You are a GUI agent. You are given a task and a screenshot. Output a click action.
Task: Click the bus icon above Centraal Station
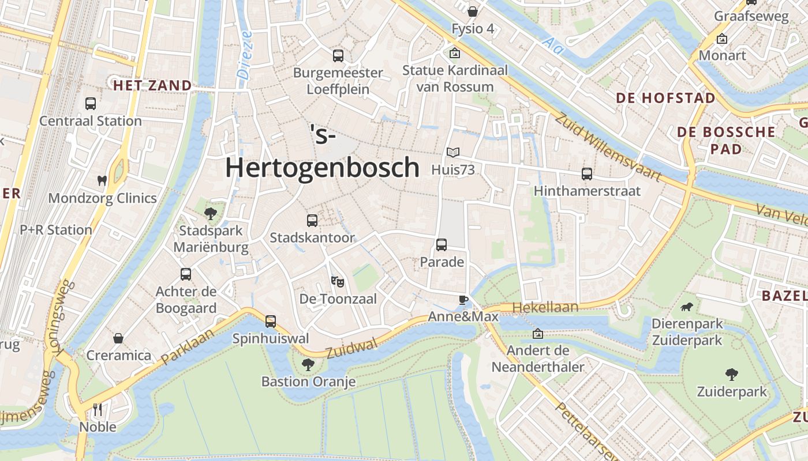click(x=91, y=104)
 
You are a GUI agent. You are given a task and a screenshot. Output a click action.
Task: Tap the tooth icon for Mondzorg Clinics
click(x=102, y=180)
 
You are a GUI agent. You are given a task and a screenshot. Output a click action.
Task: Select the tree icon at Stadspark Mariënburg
click(x=210, y=214)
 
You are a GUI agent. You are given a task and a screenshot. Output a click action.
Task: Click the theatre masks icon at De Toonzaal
click(x=338, y=282)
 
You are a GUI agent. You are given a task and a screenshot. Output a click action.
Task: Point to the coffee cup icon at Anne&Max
click(x=463, y=299)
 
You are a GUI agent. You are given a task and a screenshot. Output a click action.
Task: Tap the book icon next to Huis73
click(x=453, y=152)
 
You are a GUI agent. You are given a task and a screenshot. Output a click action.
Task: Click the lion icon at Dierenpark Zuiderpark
click(x=687, y=307)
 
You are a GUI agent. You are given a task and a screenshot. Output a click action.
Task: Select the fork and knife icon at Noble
click(x=98, y=410)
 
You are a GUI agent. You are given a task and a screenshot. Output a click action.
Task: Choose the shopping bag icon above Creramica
click(x=118, y=338)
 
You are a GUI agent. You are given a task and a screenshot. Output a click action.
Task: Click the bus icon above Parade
click(x=442, y=245)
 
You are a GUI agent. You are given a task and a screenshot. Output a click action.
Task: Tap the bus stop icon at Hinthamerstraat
click(x=587, y=173)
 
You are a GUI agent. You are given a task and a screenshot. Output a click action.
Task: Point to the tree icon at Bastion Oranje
click(x=308, y=364)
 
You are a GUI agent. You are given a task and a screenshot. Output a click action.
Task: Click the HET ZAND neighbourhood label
click(x=152, y=86)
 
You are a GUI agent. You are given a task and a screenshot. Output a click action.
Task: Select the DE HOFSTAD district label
click(x=665, y=98)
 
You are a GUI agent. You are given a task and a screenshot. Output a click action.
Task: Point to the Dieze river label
click(x=245, y=55)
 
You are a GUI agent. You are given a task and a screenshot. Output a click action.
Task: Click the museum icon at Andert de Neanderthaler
click(x=538, y=334)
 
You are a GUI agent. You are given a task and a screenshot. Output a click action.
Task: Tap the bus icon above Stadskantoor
click(x=312, y=220)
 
